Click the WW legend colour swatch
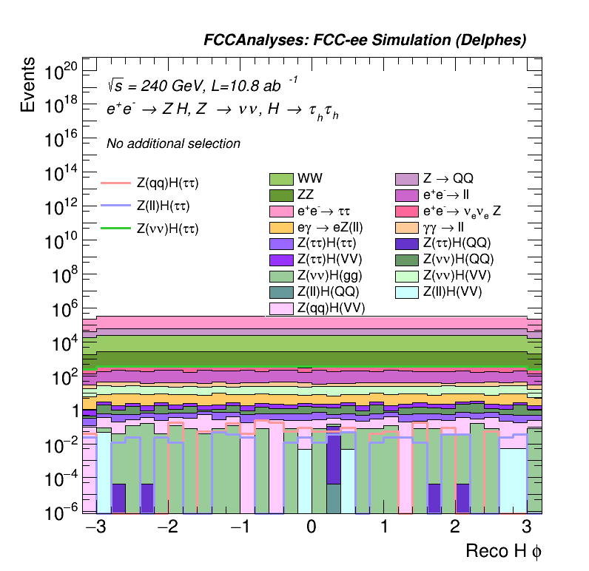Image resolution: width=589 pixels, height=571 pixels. pyautogui.click(x=281, y=179)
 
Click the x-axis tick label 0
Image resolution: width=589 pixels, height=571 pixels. pyautogui.click(x=312, y=527)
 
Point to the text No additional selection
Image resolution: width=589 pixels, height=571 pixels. pyautogui.click(x=173, y=143)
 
